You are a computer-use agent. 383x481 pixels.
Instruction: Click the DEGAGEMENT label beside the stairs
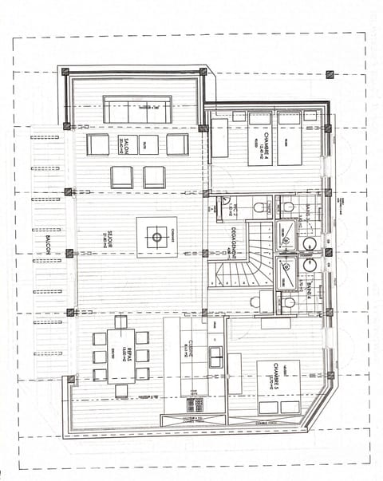point(227,239)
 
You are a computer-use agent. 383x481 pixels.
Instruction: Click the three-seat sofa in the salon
point(137,110)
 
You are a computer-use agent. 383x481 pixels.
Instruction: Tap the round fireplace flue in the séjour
point(156,237)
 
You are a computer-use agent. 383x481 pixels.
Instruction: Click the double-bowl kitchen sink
point(215,356)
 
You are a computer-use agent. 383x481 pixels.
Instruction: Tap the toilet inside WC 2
point(259,208)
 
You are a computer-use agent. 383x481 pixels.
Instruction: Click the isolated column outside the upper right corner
point(330,74)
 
